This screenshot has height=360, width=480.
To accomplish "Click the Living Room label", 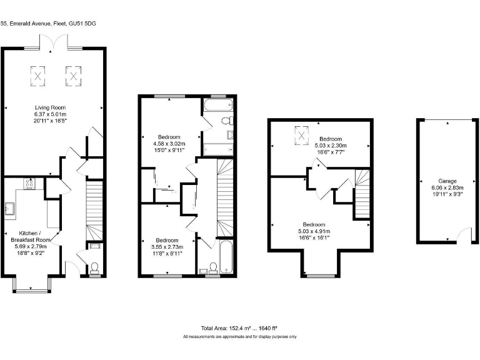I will tap(50, 107).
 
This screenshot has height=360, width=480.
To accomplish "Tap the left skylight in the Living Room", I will tap(39, 76).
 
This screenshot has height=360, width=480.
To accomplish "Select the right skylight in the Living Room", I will tap(74, 76).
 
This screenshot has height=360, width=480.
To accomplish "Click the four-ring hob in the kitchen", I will tap(29, 183).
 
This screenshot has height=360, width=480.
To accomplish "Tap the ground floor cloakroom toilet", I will tap(94, 268).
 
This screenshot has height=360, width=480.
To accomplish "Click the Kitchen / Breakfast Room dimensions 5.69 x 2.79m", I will tap(34, 246).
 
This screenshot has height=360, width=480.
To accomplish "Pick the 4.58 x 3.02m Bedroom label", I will tap(169, 137).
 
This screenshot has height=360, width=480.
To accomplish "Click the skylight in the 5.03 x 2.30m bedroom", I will tap(302, 134).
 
